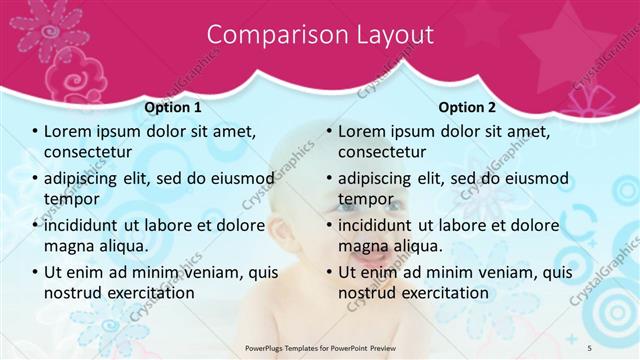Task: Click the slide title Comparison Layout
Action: (x=320, y=34)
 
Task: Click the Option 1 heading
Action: (x=173, y=107)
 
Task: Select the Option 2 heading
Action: (x=467, y=107)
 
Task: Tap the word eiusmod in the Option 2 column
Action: (x=532, y=178)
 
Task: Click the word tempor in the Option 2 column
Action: (x=366, y=199)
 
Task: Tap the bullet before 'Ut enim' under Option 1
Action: (x=34, y=272)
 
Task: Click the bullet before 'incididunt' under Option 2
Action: (x=328, y=225)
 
